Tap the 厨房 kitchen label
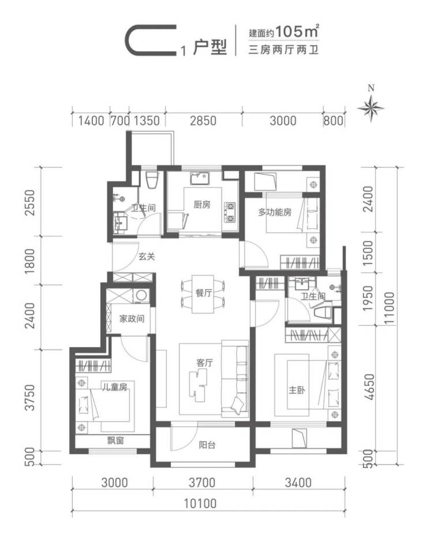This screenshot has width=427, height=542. tap(201, 205)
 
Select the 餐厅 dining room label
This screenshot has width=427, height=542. tap(204, 293)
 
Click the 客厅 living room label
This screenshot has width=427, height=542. tap(204, 363)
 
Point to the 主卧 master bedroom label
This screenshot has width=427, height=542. tap(297, 390)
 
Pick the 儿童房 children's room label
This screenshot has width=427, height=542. tap(115, 387)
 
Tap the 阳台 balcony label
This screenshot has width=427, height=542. tap(207, 444)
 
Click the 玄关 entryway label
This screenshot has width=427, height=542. tap(147, 257)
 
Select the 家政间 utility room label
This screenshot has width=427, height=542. tap(132, 318)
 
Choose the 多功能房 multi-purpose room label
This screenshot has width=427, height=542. tap(275, 212)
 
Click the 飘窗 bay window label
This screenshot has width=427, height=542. tap(115, 440)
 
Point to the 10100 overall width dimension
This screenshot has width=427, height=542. tap(200, 503)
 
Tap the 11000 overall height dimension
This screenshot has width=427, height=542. tap(389, 308)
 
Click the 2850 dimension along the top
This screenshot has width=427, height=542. tap(203, 121)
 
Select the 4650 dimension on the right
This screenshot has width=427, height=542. tap(369, 387)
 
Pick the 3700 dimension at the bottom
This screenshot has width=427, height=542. tap(202, 482)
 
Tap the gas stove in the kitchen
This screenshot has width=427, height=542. tap(230, 212)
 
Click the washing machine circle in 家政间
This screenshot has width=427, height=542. tap(141, 295)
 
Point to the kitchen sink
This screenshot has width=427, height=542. tap(199, 179)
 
